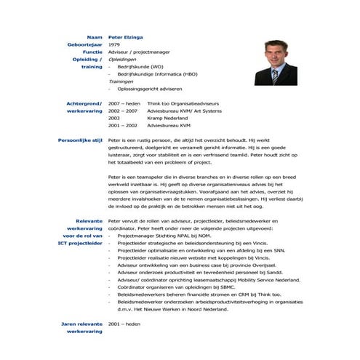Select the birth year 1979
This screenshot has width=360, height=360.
(x=114, y=44)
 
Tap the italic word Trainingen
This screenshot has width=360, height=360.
(x=121, y=81)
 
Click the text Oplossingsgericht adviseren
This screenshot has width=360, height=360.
(x=155, y=89)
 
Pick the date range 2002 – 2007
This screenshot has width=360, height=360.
(x=122, y=111)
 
